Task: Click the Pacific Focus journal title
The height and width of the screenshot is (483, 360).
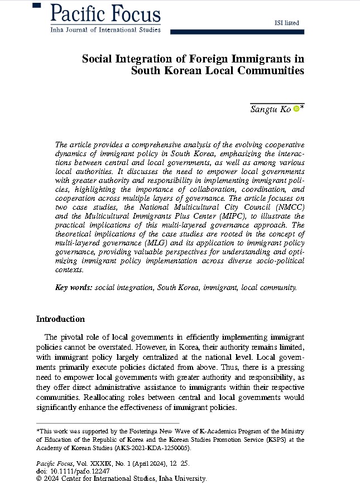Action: pyautogui.click(x=105, y=13)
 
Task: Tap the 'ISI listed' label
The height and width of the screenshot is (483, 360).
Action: pyautogui.click(x=287, y=23)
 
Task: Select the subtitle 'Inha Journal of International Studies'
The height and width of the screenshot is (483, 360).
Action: pyautogui.click(x=105, y=30)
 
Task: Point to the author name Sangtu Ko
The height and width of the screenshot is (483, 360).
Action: pyautogui.click(x=270, y=109)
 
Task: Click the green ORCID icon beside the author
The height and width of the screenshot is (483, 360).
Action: pyautogui.click(x=296, y=109)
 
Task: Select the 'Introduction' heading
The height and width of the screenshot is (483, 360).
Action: pyautogui.click(x=60, y=319)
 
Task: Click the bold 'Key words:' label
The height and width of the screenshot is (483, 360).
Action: pyautogui.click(x=74, y=288)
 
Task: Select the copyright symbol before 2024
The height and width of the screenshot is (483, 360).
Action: pyautogui.click(x=39, y=478)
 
